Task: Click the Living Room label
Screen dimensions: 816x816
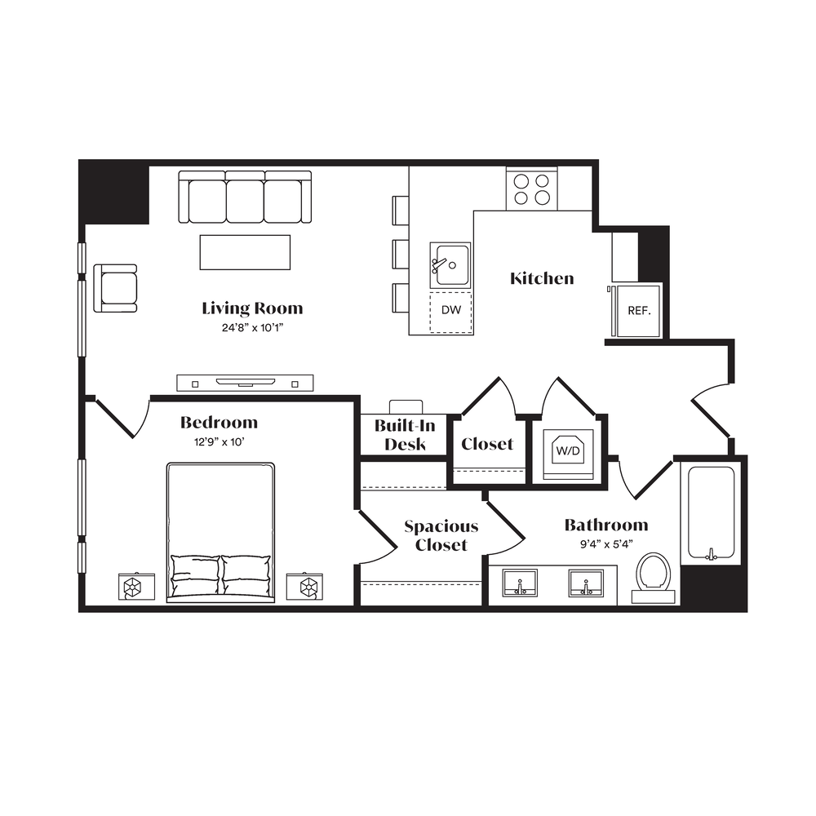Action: tap(252, 308)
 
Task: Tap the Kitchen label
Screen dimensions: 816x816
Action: tap(542, 278)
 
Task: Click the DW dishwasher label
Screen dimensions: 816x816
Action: tap(451, 309)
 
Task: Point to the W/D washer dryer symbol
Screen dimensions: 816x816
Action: tap(568, 450)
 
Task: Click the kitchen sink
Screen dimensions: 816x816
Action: tap(450, 265)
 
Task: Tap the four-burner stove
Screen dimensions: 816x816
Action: tap(532, 189)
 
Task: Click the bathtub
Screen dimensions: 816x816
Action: tap(711, 512)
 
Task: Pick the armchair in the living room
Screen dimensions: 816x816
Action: tap(116, 288)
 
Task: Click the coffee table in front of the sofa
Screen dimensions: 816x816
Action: tap(245, 252)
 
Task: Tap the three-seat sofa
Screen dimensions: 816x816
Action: tap(245, 197)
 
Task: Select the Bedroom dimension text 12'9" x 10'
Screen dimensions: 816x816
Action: tap(219, 442)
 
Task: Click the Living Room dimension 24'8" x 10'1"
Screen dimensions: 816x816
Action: tap(252, 328)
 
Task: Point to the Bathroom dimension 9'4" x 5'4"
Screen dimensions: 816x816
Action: tap(606, 544)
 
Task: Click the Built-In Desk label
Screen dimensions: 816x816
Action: tap(405, 435)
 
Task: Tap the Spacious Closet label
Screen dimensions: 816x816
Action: tap(441, 535)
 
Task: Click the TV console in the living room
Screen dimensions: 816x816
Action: tap(245, 383)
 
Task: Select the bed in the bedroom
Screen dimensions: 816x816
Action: tap(220, 532)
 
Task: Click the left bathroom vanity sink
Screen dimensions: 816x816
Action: tap(520, 583)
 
